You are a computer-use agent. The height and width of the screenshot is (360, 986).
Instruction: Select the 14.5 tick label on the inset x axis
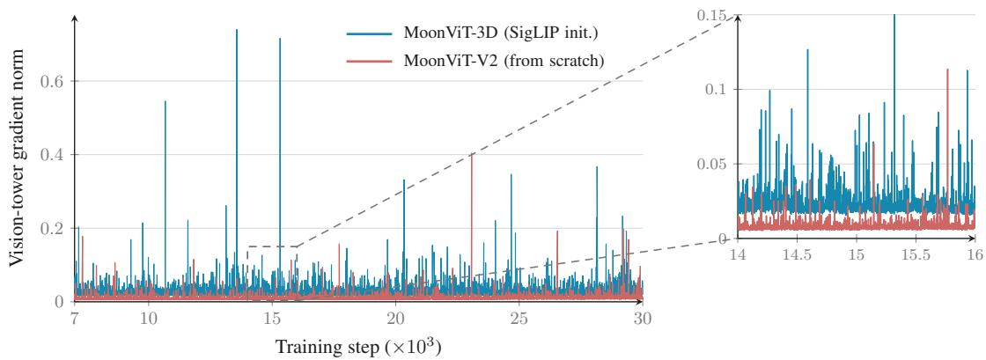(797, 255)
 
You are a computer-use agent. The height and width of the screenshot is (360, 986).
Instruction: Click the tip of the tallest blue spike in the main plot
(237, 30)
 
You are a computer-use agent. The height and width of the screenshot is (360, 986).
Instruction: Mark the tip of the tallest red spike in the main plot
(472, 155)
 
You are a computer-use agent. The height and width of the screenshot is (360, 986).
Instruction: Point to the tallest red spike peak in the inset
(947, 70)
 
